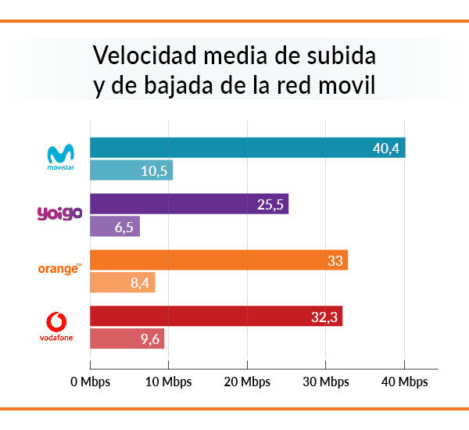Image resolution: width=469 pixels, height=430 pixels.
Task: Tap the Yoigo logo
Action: [x=60, y=213]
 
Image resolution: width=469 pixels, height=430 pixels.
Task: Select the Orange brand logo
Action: [x=59, y=269]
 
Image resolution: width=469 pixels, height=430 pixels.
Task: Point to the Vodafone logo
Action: [x=60, y=326]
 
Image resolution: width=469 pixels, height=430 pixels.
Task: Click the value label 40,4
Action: [x=386, y=148]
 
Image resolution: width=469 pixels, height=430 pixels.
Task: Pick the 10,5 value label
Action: [x=155, y=170]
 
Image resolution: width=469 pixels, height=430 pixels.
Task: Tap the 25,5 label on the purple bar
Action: [x=271, y=205]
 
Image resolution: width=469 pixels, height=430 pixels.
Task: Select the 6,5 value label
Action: [x=124, y=227]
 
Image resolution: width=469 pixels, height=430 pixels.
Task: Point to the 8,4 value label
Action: [x=140, y=283]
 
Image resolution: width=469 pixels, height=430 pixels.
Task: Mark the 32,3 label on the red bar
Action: [x=324, y=317]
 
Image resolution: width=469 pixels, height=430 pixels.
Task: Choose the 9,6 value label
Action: [x=149, y=339]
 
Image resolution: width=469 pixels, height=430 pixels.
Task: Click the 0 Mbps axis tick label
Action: [x=91, y=382]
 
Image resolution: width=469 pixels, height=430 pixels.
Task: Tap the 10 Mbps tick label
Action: [x=169, y=382]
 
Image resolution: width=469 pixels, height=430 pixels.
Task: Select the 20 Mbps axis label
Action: [x=247, y=382]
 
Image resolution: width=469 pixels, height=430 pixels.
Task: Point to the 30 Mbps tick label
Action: [x=326, y=382]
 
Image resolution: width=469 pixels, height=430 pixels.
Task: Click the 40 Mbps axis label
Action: [x=404, y=382]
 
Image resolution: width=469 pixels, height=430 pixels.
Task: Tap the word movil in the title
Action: [x=346, y=85]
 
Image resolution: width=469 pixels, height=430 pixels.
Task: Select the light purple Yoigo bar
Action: [x=115, y=227]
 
